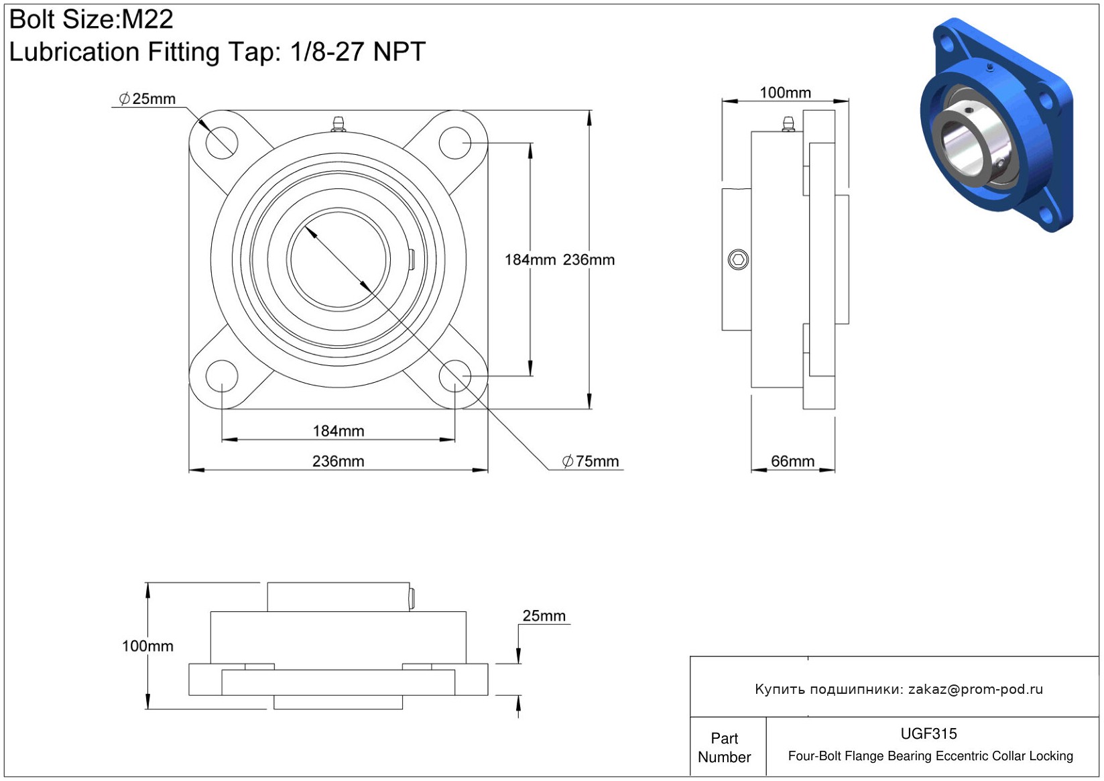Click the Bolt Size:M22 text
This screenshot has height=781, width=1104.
[91, 19]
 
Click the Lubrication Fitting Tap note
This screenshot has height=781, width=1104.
[217, 52]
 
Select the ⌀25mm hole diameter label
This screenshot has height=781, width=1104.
[147, 99]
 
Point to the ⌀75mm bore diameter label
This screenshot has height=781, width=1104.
[591, 461]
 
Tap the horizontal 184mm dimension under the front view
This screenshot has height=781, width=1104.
[339, 431]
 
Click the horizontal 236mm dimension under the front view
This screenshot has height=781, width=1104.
[339, 461]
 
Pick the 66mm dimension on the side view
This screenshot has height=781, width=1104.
[792, 461]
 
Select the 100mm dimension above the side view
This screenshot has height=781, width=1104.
[785, 93]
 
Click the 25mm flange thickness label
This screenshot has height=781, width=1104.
[544, 616]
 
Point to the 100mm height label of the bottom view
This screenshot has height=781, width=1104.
[148, 646]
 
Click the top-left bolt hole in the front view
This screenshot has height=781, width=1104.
[222, 143]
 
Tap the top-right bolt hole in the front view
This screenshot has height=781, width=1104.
[455, 143]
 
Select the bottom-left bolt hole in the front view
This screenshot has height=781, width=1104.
[222, 376]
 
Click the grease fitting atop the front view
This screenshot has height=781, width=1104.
[339, 124]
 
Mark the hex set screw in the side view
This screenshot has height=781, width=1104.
[738, 259]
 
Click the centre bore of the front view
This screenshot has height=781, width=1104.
[339, 259]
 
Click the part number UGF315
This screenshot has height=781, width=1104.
[928, 734]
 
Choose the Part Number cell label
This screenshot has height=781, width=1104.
[724, 747]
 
